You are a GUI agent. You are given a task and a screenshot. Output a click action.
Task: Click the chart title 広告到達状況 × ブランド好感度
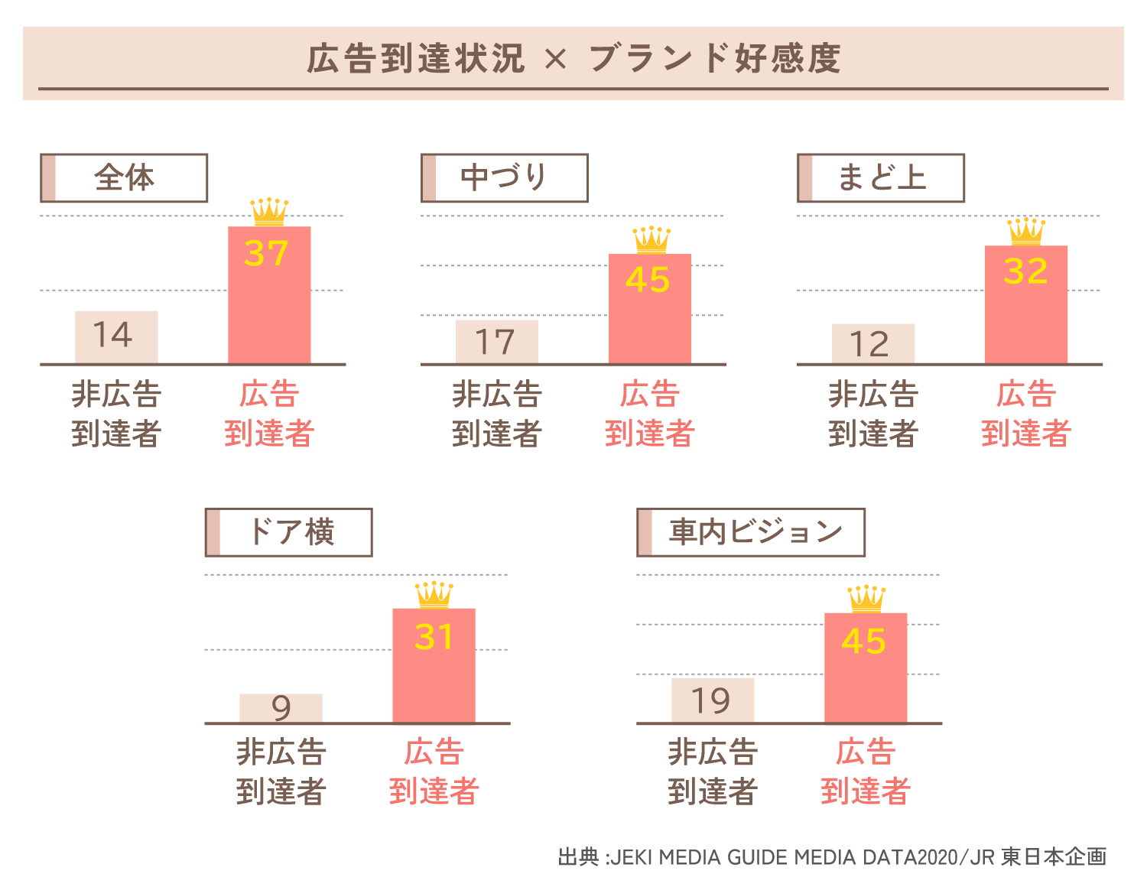coord(573,59)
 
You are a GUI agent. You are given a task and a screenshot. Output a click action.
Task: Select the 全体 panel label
coord(124,178)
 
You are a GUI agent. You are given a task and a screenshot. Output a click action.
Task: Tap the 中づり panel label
coord(504,178)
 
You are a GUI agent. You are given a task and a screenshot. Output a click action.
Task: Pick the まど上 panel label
coord(881,178)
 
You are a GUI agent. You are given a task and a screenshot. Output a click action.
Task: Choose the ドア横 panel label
coord(289,532)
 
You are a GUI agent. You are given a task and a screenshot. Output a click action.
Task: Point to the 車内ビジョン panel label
coord(751,532)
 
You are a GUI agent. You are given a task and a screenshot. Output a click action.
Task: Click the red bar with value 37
coord(269,306)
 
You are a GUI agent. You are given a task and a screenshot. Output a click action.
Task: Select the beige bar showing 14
coord(116,337)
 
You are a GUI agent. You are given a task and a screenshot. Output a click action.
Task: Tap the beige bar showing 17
coord(497,342)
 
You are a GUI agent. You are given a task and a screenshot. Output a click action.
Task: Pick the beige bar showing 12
coord(873,344)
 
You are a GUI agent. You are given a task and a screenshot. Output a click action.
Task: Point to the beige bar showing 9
coord(281,708)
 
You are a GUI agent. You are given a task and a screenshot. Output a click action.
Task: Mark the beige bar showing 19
coord(713,700)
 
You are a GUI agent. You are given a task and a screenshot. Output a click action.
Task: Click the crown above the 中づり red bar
coord(651,240)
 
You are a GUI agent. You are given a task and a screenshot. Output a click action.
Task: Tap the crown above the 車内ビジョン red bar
coord(866,599)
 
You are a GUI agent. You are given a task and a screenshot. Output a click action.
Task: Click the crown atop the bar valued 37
coord(269,212)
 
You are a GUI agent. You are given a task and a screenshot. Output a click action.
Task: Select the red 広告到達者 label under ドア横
coord(434,772)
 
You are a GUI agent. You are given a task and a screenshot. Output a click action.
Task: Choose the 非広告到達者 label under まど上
coord(873,414)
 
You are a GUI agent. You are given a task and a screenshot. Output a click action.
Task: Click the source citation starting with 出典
coord(832,857)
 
